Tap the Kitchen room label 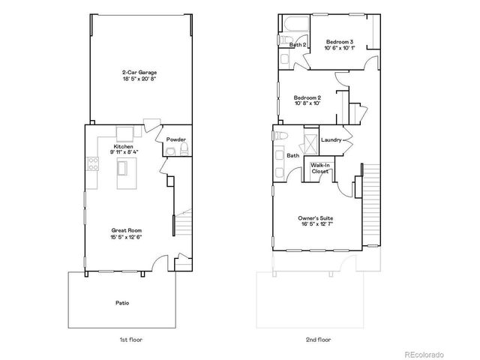coord(123,146)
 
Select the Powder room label coord(175,139)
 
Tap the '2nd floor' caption coord(318,340)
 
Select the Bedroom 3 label coord(339,44)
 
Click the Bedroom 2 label coord(307,97)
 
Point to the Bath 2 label coord(298,45)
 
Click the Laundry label coord(331,140)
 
